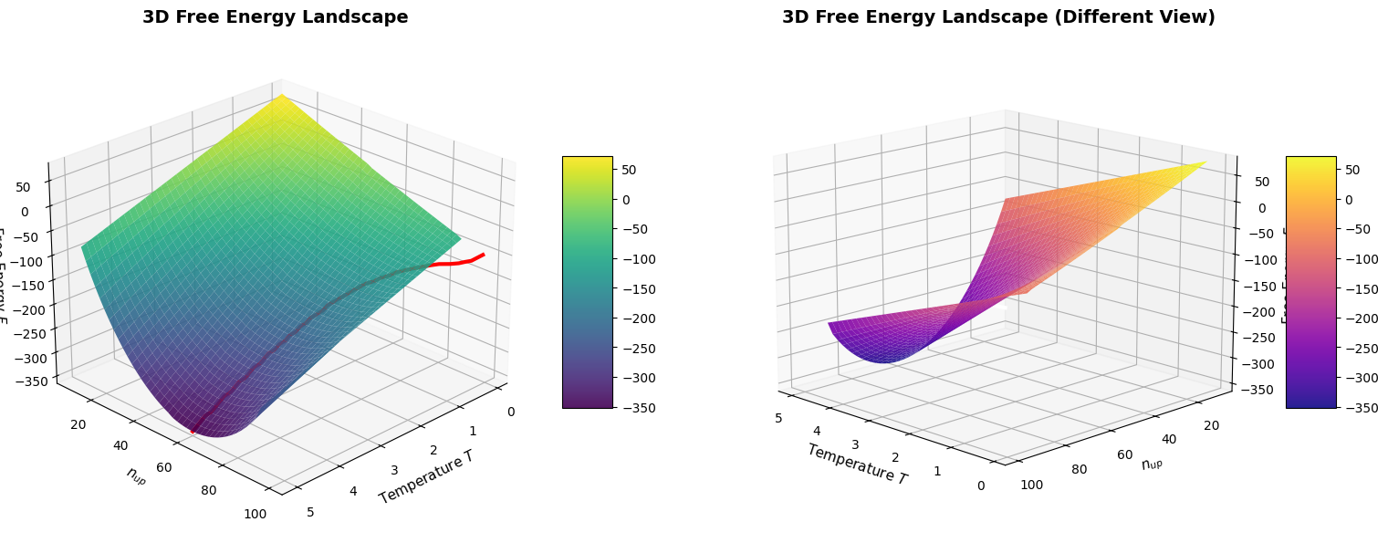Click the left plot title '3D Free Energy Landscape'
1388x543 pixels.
click(275, 17)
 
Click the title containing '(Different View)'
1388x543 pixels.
click(998, 17)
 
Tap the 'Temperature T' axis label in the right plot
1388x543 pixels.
click(857, 464)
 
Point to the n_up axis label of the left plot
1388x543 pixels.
click(137, 475)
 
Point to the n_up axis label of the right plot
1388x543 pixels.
click(1158, 463)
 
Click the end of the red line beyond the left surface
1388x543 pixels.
click(483, 255)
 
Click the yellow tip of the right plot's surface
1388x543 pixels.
click(1205, 162)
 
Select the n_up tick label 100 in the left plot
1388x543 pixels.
click(256, 514)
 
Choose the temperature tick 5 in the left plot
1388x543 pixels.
click(311, 511)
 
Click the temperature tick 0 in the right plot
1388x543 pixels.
click(981, 485)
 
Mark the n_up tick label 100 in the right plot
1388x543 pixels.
click(1031, 484)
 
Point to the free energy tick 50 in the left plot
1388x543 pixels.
click(24, 187)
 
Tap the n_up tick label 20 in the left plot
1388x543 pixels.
click(78, 423)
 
